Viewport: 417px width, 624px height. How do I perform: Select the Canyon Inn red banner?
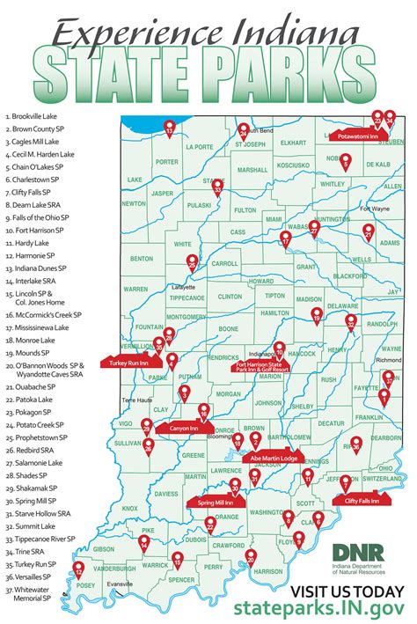pyautogui.click(x=180, y=429)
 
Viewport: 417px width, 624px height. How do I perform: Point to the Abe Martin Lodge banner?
pyautogui.click(x=274, y=458)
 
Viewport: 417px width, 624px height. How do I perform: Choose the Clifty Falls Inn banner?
pyautogui.click(x=362, y=501)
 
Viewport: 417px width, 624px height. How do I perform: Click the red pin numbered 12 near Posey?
pyautogui.click(x=78, y=569)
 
